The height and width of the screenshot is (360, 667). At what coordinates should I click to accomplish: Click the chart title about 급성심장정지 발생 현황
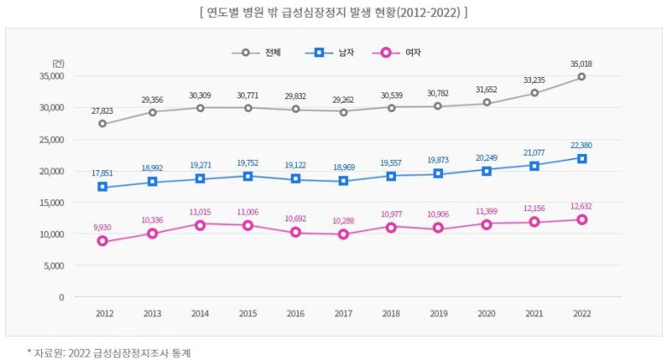click(333, 13)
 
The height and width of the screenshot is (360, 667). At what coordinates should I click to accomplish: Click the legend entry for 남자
click(330, 52)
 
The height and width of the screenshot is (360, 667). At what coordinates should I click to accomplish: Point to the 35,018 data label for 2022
click(581, 63)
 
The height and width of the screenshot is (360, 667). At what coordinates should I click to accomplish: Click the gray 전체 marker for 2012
click(103, 123)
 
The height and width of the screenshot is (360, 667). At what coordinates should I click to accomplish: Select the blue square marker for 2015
click(247, 176)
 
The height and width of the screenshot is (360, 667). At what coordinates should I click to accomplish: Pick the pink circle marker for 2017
click(343, 234)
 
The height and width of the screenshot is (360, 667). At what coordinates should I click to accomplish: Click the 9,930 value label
click(103, 227)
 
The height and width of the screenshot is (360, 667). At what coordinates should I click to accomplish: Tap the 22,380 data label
click(581, 145)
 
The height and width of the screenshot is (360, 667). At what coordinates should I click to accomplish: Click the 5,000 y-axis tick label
click(51, 265)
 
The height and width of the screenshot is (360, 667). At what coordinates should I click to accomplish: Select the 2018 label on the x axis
click(391, 313)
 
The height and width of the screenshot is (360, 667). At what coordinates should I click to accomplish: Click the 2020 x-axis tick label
click(487, 313)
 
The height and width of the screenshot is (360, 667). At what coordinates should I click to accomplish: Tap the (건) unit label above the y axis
click(57, 63)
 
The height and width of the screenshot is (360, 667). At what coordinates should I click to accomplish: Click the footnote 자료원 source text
click(108, 351)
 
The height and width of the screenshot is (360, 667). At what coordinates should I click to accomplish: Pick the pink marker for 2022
click(581, 220)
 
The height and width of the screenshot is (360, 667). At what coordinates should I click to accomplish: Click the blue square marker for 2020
click(487, 171)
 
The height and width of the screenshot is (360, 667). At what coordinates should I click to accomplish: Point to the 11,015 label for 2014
click(199, 210)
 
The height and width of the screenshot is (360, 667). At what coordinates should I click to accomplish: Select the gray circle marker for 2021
click(534, 92)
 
